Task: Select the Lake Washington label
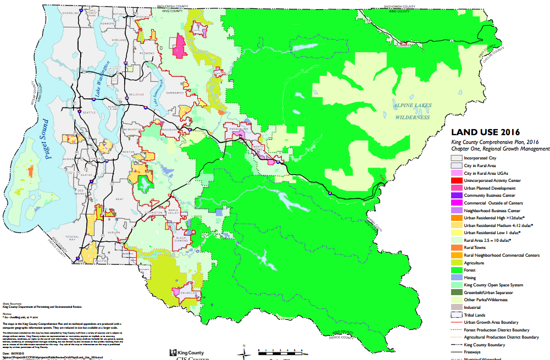[x=99, y=84]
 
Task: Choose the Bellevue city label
[x=136, y=95]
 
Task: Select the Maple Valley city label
[x=174, y=211]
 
